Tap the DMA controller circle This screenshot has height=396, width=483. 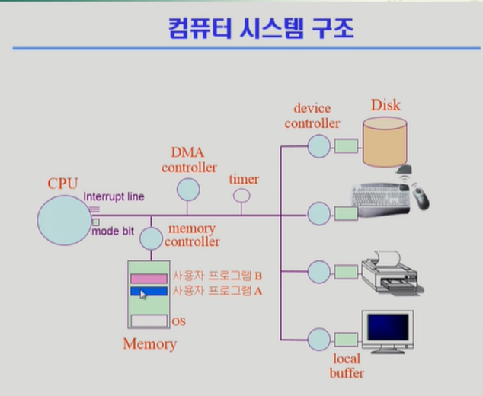tap(188, 188)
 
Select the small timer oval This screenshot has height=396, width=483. tap(241, 196)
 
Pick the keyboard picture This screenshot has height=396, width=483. tap(382, 196)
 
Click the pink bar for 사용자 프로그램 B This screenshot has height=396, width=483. tap(148, 278)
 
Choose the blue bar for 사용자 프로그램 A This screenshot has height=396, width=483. tap(148, 292)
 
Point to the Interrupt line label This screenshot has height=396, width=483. tap(114, 196)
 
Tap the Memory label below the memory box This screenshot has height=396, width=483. tap(149, 344)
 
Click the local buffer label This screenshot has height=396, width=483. tap(347, 366)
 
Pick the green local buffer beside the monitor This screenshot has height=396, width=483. tap(347, 339)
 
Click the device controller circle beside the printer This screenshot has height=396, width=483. tap(319, 272)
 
